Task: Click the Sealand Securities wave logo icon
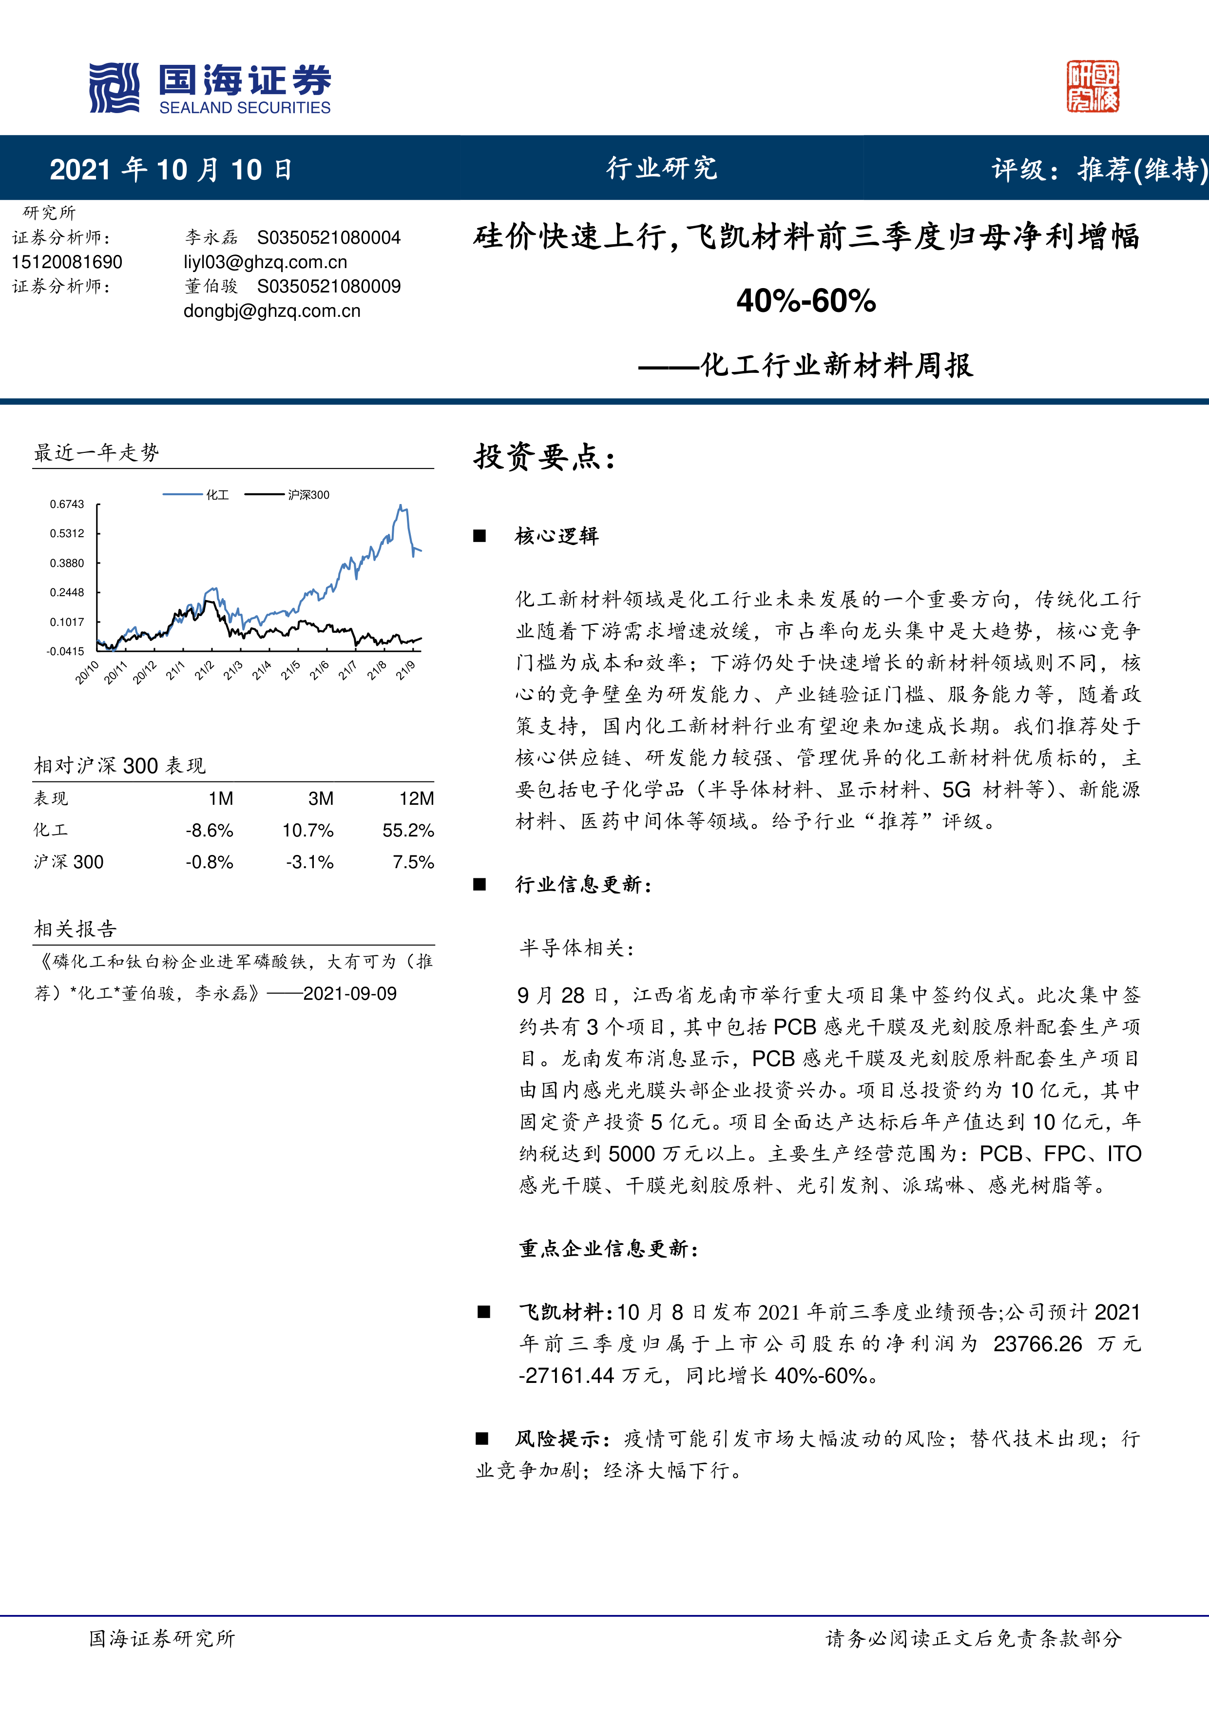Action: [x=114, y=88]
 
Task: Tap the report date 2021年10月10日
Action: [x=171, y=170]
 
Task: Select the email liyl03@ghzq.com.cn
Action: [x=265, y=262]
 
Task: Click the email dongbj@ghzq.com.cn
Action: [x=272, y=311]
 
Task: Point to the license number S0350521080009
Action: [x=328, y=287]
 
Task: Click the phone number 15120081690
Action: [x=67, y=262]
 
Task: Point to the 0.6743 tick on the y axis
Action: [x=67, y=504]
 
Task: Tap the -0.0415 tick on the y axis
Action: [x=65, y=651]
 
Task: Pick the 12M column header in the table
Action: [x=416, y=798]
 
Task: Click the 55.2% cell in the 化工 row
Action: [x=408, y=831]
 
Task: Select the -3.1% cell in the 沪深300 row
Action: [x=310, y=862]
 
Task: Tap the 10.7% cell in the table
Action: [x=307, y=831]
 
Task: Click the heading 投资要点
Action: [x=544, y=457]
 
